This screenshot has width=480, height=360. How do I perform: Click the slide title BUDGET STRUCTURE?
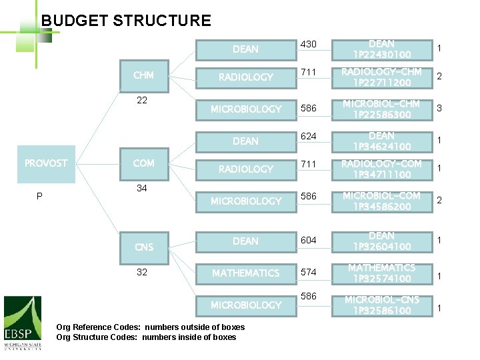pyautogui.click(x=126, y=21)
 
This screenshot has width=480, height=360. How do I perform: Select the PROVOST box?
pyautogui.click(x=46, y=163)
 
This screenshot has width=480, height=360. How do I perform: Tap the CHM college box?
pyautogui.click(x=143, y=75)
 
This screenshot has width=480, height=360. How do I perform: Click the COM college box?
pyautogui.click(x=143, y=163)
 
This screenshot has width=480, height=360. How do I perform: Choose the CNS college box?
pyautogui.click(x=143, y=247)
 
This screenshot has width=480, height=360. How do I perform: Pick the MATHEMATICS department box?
pyautogui.click(x=245, y=273)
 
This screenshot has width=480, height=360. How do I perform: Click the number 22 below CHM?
pyautogui.click(x=142, y=100)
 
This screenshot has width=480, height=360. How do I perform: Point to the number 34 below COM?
pyautogui.click(x=142, y=188)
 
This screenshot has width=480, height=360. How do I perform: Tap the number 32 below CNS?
pyautogui.click(x=142, y=272)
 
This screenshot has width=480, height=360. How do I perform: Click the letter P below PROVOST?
pyautogui.click(x=39, y=196)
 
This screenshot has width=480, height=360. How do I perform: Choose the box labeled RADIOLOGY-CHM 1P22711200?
pyautogui.click(x=381, y=77)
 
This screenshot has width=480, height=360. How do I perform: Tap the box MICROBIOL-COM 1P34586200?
pyautogui.click(x=381, y=201)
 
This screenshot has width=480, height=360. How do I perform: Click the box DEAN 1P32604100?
pyautogui.click(x=381, y=241)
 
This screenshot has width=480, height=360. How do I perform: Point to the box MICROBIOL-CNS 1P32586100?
pyautogui.click(x=381, y=305)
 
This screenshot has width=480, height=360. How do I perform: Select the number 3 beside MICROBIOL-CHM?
pyautogui.click(x=439, y=108)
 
